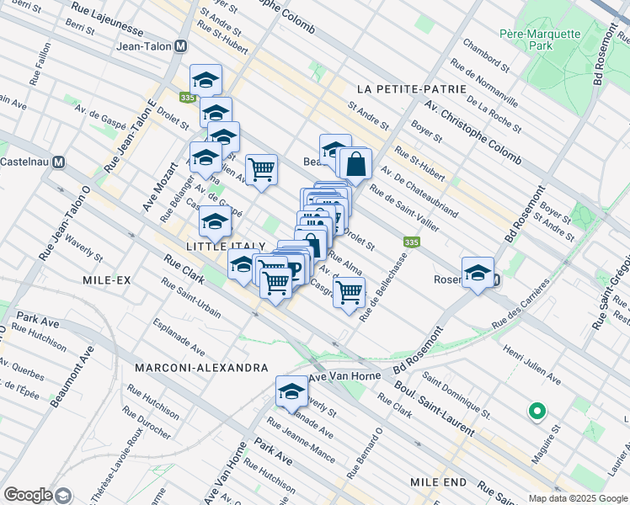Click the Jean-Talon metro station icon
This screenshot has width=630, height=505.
179,48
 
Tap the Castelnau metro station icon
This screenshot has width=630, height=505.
59,162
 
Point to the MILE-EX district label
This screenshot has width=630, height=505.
107,279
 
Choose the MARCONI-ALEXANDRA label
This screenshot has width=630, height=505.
200,368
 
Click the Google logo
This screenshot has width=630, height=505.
29,494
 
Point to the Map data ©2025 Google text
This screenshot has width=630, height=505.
577,498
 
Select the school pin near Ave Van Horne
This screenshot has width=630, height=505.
291,392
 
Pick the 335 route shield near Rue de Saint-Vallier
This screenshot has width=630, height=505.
411,242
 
